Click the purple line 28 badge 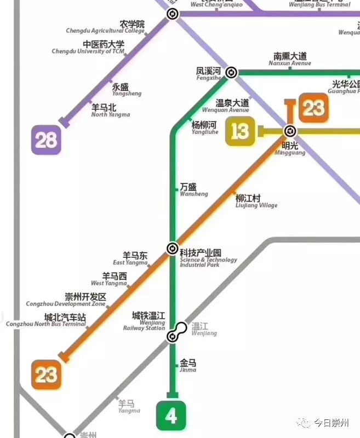point(46,140)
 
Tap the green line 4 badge point(171,416)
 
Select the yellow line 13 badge point(240,131)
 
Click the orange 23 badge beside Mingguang point(313,108)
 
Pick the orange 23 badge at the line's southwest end point(46,374)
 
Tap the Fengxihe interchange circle point(232,73)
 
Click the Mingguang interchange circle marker point(290,131)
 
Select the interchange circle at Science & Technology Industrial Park point(173,248)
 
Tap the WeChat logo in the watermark point(301,422)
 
